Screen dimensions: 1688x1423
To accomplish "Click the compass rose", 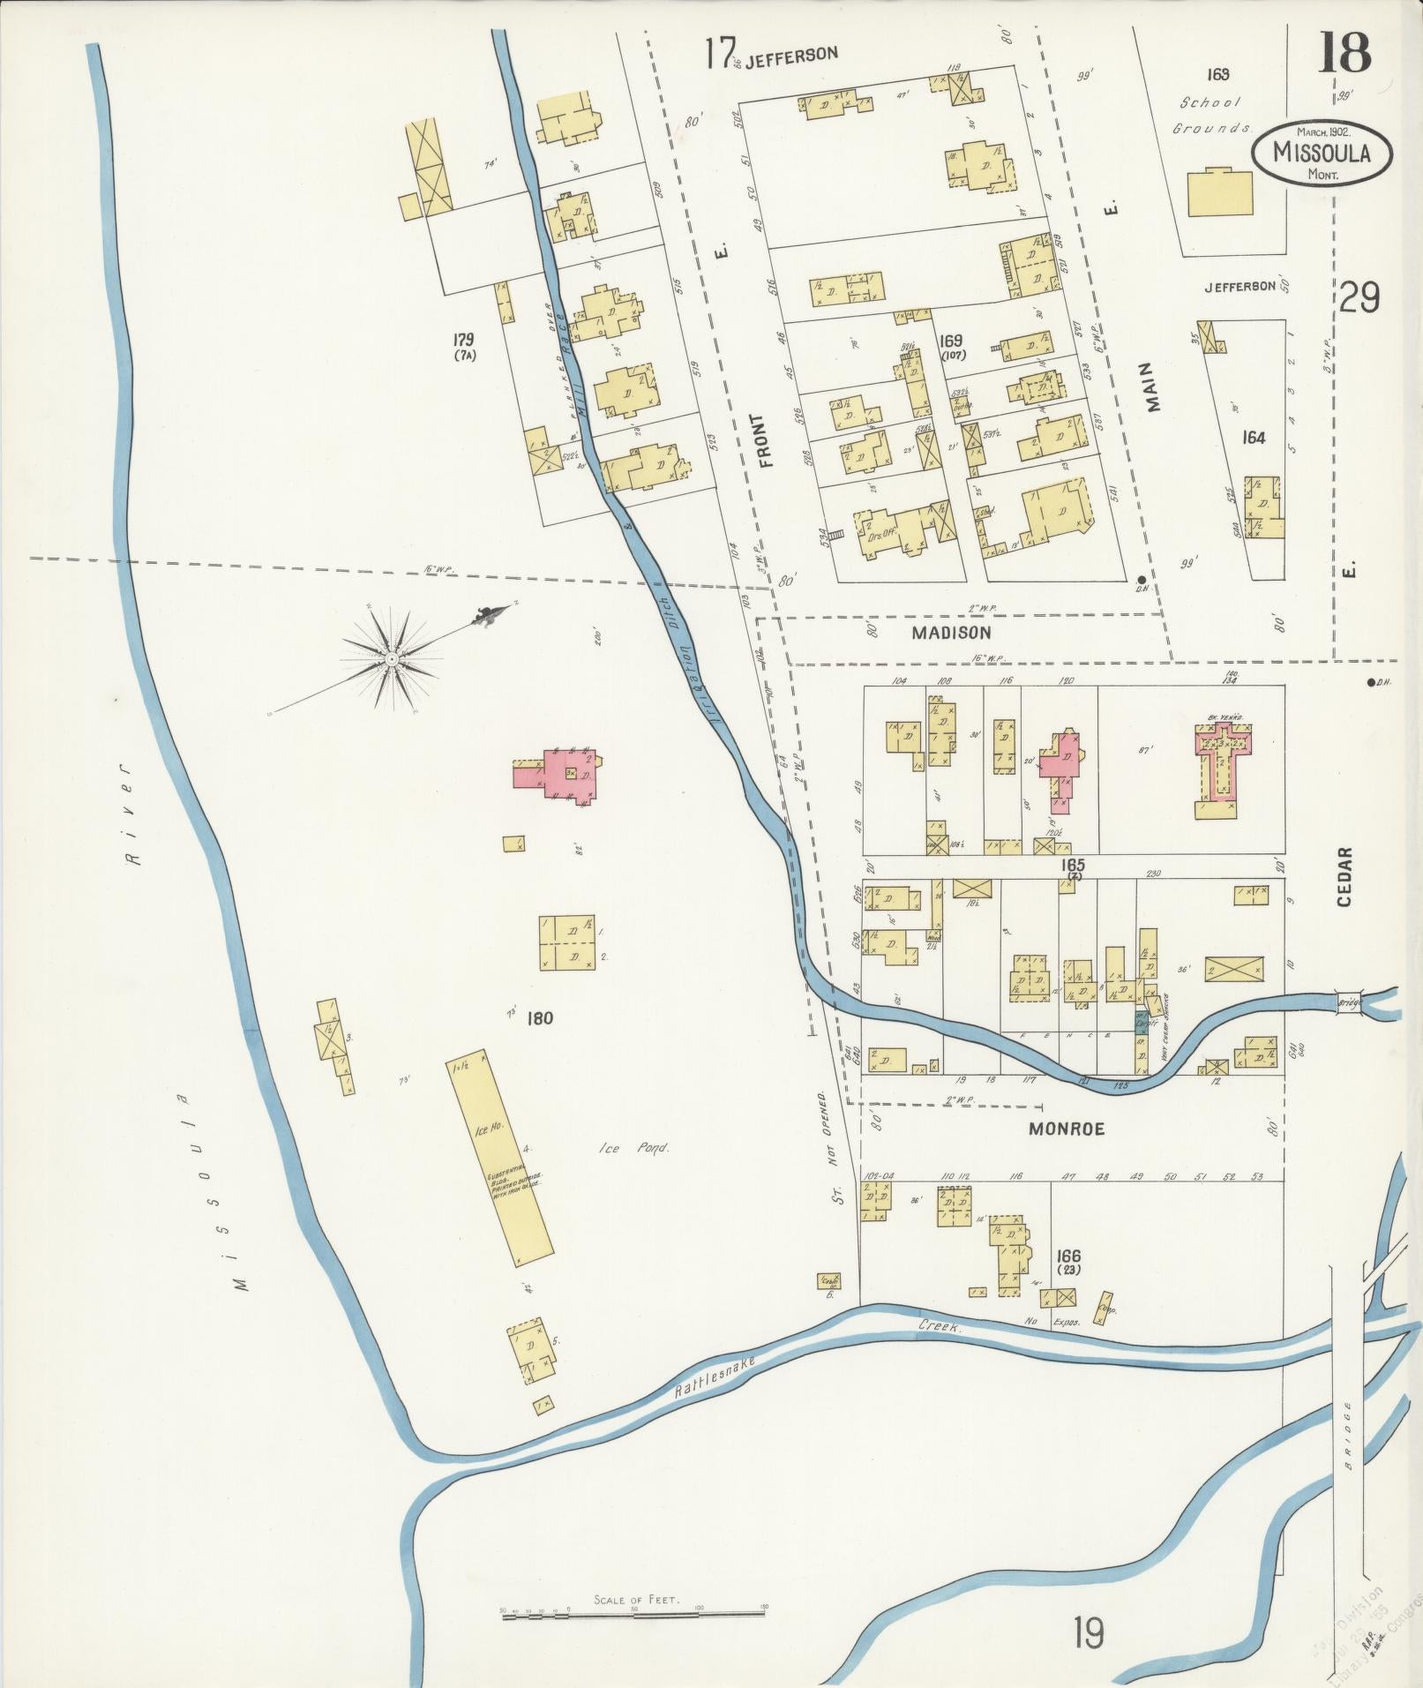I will [390, 658].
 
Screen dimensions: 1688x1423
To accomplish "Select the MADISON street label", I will [951, 633].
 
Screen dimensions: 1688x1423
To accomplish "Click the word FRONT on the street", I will [765, 439].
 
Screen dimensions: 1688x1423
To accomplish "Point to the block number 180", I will [539, 1018].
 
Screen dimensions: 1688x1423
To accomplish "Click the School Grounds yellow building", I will [1219, 192].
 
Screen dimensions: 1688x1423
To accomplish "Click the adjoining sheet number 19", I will [1089, 1632].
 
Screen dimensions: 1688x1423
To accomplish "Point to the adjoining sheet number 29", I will [1359, 298].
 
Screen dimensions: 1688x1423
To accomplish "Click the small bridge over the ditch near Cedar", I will [1349, 1002].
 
